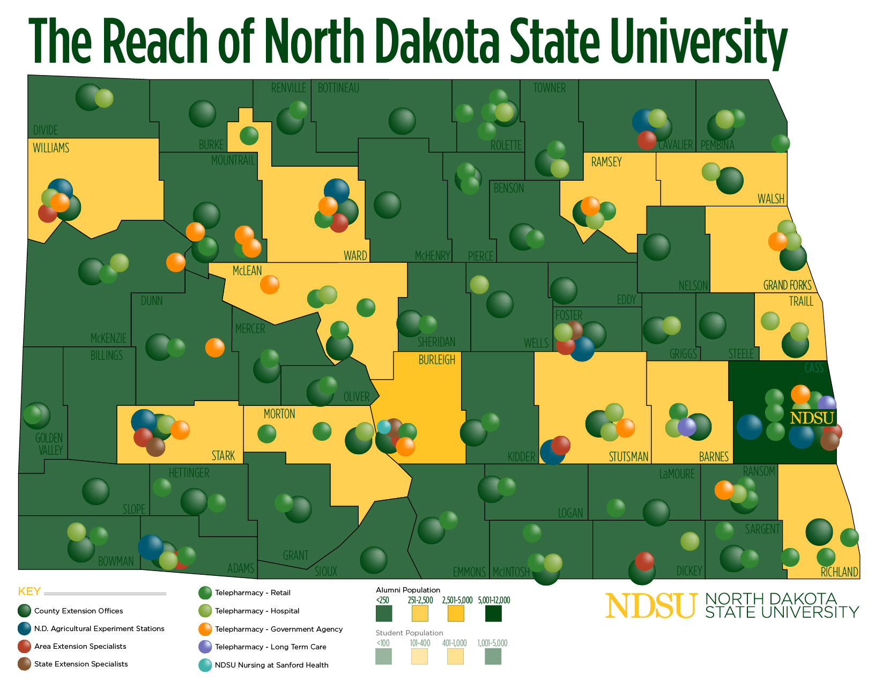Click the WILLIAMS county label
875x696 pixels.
click(x=51, y=148)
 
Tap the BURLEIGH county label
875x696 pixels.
click(x=436, y=360)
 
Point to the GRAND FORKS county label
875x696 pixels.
click(x=787, y=285)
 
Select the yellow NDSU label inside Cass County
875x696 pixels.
click(x=812, y=418)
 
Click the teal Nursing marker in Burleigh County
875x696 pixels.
click(x=384, y=427)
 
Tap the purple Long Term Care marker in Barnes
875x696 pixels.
click(x=687, y=427)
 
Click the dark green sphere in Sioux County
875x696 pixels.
click(x=374, y=560)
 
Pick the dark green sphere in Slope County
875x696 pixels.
click(x=96, y=491)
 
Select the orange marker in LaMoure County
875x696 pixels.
click(x=724, y=490)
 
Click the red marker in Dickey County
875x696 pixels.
click(x=644, y=561)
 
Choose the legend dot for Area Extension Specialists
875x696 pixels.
click(x=24, y=646)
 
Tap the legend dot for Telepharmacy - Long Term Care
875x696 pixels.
click(x=205, y=647)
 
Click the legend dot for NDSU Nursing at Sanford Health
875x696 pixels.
click(x=205, y=665)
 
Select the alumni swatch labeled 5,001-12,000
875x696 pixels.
click(x=493, y=613)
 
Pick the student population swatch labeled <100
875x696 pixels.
click(x=383, y=656)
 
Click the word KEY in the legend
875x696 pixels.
click(x=29, y=591)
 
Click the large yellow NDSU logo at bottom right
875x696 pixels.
click(x=651, y=606)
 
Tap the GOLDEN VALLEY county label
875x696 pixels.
click(x=49, y=444)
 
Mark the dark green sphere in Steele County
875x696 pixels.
click(x=713, y=325)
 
